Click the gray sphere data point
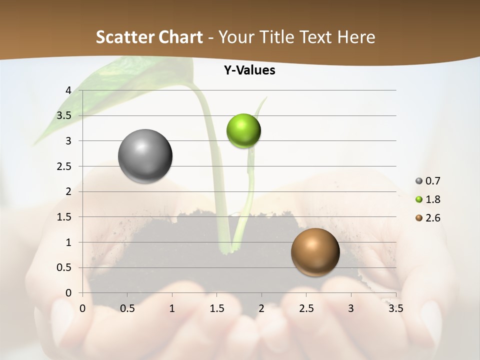(x=145, y=156)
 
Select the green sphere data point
(x=244, y=131)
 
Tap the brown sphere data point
(x=315, y=252)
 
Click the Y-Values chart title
(x=249, y=70)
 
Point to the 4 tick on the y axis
(x=68, y=90)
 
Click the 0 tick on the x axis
(x=83, y=308)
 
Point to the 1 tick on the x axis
(x=172, y=308)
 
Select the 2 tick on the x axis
(x=261, y=308)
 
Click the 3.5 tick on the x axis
(x=395, y=308)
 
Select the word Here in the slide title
(x=356, y=37)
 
